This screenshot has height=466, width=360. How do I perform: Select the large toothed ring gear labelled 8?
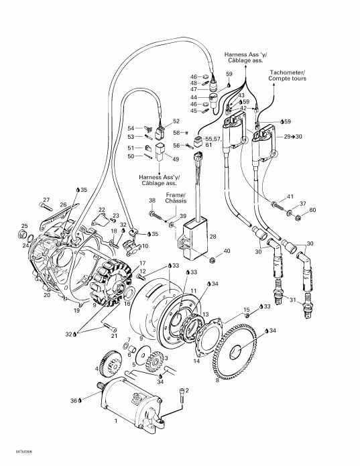click(236, 352)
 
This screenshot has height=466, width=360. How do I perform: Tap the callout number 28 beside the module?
click(213, 237)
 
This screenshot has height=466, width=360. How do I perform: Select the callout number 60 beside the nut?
click(312, 211)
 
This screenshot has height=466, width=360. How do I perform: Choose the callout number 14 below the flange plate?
click(196, 360)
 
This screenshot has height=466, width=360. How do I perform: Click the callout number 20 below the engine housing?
click(46, 295)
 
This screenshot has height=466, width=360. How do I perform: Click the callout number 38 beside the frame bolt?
click(152, 201)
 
